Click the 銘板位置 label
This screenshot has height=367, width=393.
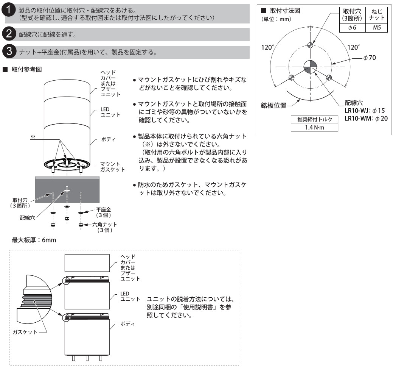[x=275, y=105]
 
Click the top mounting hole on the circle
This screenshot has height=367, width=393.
[x=310, y=45]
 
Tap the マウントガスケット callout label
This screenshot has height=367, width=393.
[x=112, y=167]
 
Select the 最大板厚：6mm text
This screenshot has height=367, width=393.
[x=34, y=240]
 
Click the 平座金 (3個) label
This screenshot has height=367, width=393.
[x=103, y=212]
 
